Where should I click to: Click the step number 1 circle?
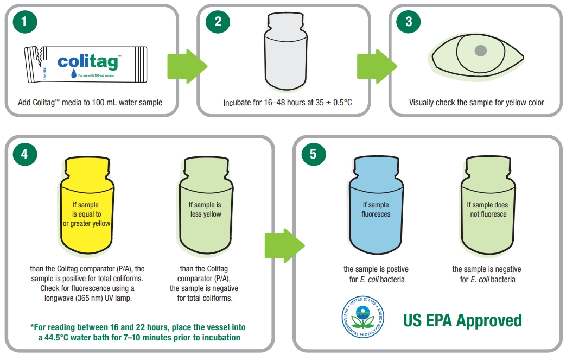25,21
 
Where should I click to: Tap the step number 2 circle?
218,21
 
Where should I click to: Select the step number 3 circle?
409,21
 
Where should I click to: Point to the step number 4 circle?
25,154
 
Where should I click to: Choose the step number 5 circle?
314,154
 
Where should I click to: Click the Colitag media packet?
86,65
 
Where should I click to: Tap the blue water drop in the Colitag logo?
74,73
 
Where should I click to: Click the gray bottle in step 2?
286,51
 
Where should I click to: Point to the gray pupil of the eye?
480,50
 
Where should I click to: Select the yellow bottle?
87,205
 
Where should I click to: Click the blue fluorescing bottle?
376,205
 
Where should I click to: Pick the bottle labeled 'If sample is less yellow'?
206,205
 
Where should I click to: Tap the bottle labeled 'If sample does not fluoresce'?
488,205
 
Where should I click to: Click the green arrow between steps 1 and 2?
187,67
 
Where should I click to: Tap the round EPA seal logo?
362,317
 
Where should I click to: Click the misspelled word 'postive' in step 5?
396,269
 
